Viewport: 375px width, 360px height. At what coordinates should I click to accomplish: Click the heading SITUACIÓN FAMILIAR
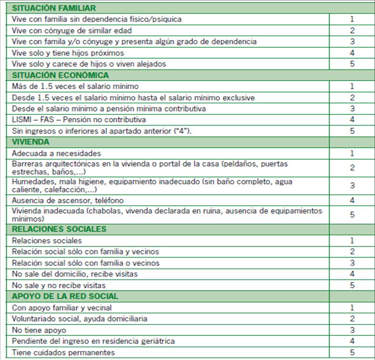coord(54,8)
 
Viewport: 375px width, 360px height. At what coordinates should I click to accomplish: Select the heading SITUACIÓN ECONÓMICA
coord(61,75)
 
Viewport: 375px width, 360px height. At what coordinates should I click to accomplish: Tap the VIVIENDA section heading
coord(31,142)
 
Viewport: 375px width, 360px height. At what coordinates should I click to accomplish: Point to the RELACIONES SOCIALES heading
coord(59,229)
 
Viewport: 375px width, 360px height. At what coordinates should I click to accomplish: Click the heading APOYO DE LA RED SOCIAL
coord(65,296)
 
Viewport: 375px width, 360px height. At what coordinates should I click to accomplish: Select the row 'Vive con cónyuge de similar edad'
coord(72,30)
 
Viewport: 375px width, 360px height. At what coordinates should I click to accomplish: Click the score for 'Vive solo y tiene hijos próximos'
coord(352,53)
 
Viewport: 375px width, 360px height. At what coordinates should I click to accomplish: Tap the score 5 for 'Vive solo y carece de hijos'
coord(352,64)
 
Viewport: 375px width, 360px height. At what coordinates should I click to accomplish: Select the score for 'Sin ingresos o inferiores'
coord(352,131)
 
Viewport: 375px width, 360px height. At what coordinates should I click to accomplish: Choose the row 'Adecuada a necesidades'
coord(56,153)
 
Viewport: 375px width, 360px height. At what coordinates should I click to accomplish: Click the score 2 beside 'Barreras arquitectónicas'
coord(352,168)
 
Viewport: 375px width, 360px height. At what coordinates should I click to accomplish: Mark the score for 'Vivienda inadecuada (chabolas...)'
coord(352,215)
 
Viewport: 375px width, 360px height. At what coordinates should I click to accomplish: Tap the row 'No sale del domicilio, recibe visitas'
coord(75,274)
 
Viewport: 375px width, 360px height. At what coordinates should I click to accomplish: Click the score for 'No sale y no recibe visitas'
coord(352,285)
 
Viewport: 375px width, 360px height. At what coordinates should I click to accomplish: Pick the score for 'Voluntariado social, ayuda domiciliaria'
coord(352,319)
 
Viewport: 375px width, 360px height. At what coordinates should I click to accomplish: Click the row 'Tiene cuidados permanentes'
coord(63,353)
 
